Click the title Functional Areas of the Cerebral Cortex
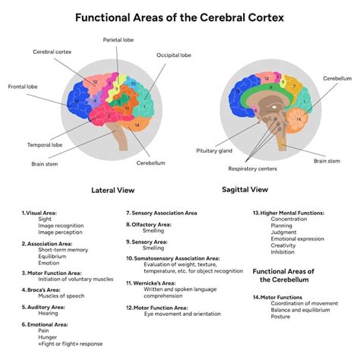180,17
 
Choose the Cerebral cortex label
51,52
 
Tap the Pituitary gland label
213,151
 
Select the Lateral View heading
113,191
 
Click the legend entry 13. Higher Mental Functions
289,213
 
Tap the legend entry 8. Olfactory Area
149,225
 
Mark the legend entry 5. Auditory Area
43,307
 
